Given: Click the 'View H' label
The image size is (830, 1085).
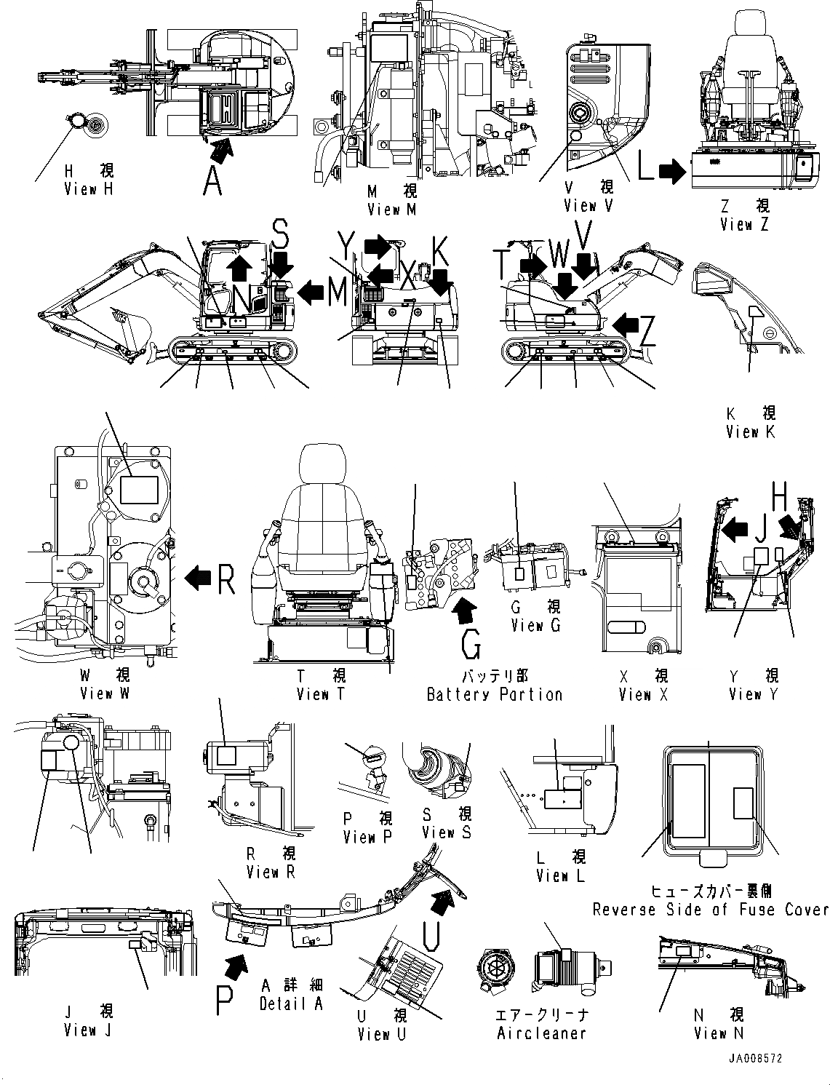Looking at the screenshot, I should pyautogui.click(x=89, y=189).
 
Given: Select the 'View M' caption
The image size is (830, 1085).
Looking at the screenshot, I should pyautogui.click(x=392, y=210).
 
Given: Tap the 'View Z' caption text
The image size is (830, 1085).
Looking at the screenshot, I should pyautogui.click(x=744, y=225).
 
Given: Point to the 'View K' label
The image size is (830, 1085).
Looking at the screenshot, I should pyautogui.click(x=751, y=432).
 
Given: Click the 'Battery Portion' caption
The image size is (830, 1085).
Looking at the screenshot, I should pyautogui.click(x=495, y=695).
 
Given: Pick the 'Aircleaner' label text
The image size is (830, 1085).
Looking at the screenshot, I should pyautogui.click(x=541, y=1033).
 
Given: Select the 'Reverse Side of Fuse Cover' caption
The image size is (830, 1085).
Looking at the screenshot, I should pyautogui.click(x=710, y=910).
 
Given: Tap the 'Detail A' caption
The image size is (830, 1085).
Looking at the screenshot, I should pyautogui.click(x=290, y=1004).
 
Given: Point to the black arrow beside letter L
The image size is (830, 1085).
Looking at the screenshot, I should pyautogui.click(x=671, y=172).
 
